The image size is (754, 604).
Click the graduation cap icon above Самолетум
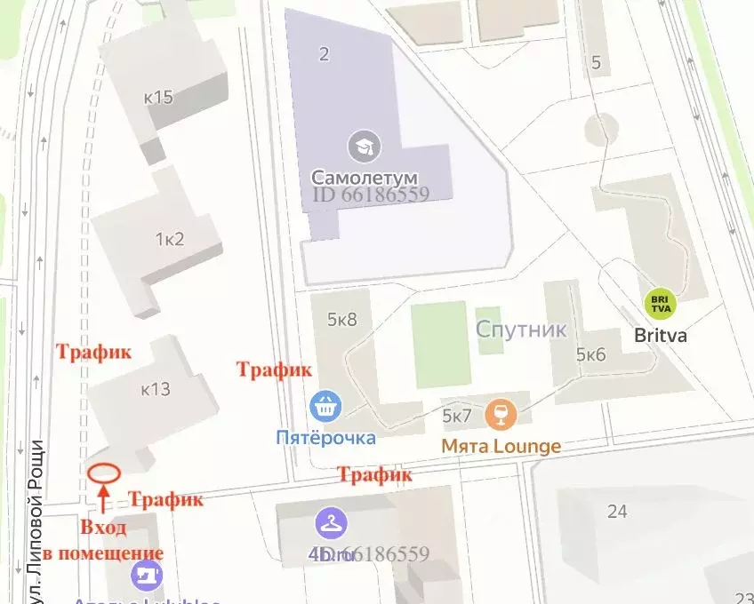pos(364,145)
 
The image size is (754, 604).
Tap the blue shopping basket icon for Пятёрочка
pos(325,408)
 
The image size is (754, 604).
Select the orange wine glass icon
pos(501,415)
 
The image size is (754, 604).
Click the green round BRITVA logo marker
pos(660,304)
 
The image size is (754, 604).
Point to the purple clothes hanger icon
pos(330,524)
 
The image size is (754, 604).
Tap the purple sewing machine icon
pos(147,576)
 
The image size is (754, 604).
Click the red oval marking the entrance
pos(104,472)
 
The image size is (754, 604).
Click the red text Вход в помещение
pos(103,540)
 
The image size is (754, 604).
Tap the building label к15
pos(157,97)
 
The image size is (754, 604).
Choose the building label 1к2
pos(169,239)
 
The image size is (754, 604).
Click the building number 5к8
pos(341,319)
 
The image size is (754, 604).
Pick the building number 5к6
pos(590,354)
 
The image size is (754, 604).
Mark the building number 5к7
pos(457,415)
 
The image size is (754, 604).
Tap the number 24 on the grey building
pos(617,511)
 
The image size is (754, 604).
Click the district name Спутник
pos(521,330)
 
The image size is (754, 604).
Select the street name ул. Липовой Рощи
pos(37,515)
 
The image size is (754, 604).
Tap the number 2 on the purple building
pos(324,54)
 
